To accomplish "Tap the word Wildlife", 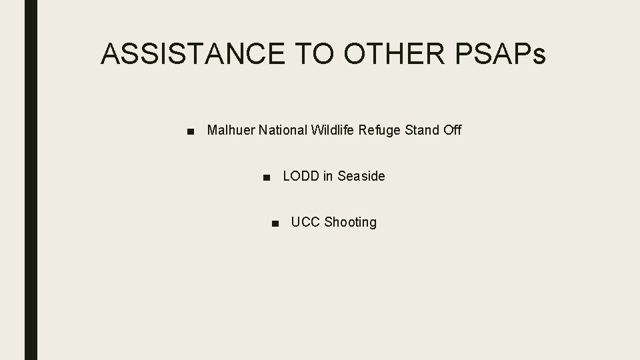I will pos(333,130).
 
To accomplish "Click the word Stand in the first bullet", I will pos(422,130).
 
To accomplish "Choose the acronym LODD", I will pos(301,177).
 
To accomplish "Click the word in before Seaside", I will pos(328,177).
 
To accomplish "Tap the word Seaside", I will pos(361,177).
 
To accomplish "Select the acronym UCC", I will pos(305,223).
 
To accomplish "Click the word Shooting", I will pos(351,223).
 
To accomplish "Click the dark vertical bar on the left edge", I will pos(31,180).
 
